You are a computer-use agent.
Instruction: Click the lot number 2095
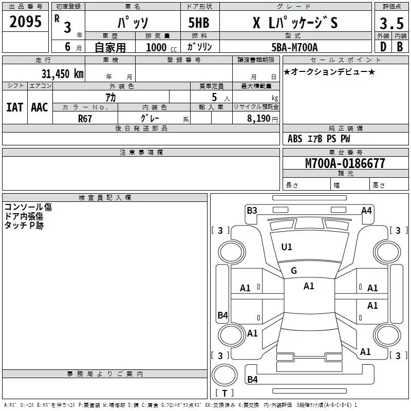point(26,22)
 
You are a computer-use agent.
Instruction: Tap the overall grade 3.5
point(391,23)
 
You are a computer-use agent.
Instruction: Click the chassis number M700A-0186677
point(345,163)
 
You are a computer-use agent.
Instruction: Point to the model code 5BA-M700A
point(294,47)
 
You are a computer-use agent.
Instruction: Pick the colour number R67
point(85,118)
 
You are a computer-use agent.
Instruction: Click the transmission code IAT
point(14,107)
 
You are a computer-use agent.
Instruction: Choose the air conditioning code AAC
point(40,107)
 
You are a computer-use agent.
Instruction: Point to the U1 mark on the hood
point(287,247)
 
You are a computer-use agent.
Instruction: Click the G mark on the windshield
point(294,271)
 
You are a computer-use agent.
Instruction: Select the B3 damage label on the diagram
point(252,210)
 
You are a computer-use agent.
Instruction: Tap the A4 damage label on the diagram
point(366,210)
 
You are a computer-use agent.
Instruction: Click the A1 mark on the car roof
point(309,286)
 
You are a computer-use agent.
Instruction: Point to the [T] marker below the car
point(224,393)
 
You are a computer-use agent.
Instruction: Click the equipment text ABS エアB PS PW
point(319,139)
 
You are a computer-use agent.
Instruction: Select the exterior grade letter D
point(383,46)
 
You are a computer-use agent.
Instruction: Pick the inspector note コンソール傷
point(28,207)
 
